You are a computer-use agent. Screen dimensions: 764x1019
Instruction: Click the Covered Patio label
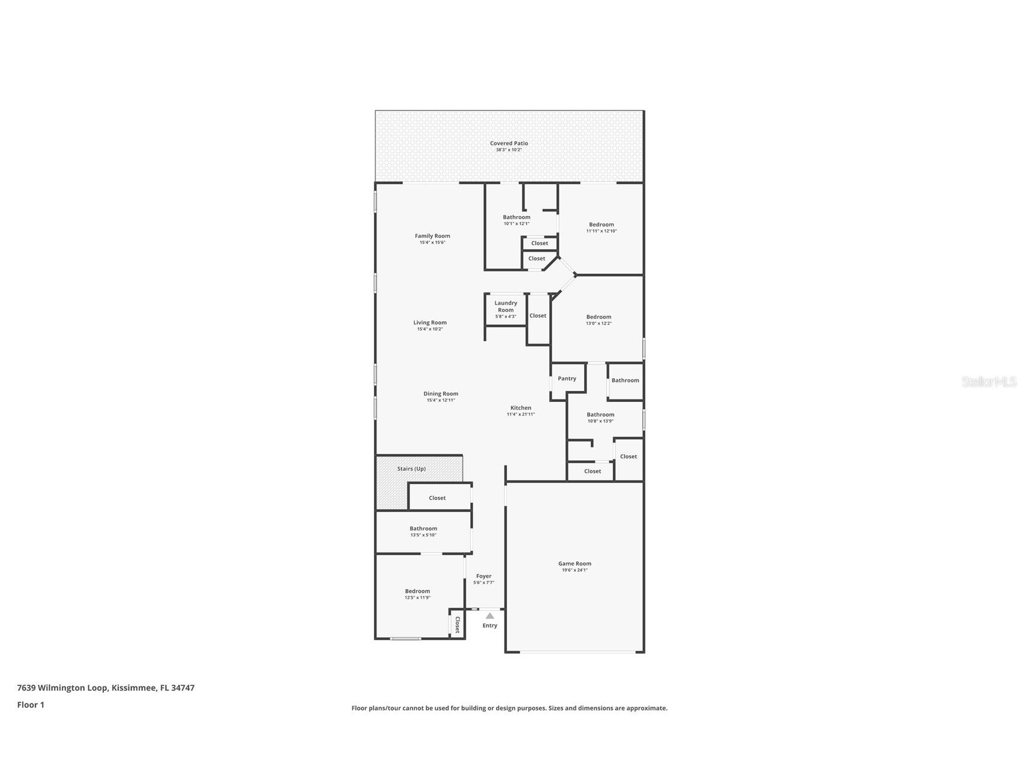point(509,144)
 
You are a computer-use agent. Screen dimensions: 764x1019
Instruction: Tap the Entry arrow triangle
point(490,616)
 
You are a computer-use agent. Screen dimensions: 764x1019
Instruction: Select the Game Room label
point(575,563)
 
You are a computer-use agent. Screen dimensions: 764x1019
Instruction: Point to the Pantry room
point(567,378)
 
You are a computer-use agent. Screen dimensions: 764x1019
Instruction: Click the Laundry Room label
point(506,306)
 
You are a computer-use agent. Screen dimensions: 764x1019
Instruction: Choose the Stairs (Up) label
point(411,468)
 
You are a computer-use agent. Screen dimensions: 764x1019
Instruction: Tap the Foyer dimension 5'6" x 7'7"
point(483,583)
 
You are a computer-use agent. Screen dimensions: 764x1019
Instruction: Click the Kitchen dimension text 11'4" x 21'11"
point(521,414)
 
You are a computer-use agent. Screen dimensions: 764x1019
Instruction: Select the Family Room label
point(432,236)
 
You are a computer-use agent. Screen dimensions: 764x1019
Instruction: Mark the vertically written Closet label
point(457,625)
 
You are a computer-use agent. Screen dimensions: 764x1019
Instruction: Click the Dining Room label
point(441,394)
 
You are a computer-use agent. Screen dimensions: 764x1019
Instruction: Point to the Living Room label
point(430,323)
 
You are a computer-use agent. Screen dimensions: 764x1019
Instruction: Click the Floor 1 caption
point(31,705)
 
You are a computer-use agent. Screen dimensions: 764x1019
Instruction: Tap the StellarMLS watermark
point(988,381)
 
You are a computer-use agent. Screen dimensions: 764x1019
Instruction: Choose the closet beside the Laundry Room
point(538,315)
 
